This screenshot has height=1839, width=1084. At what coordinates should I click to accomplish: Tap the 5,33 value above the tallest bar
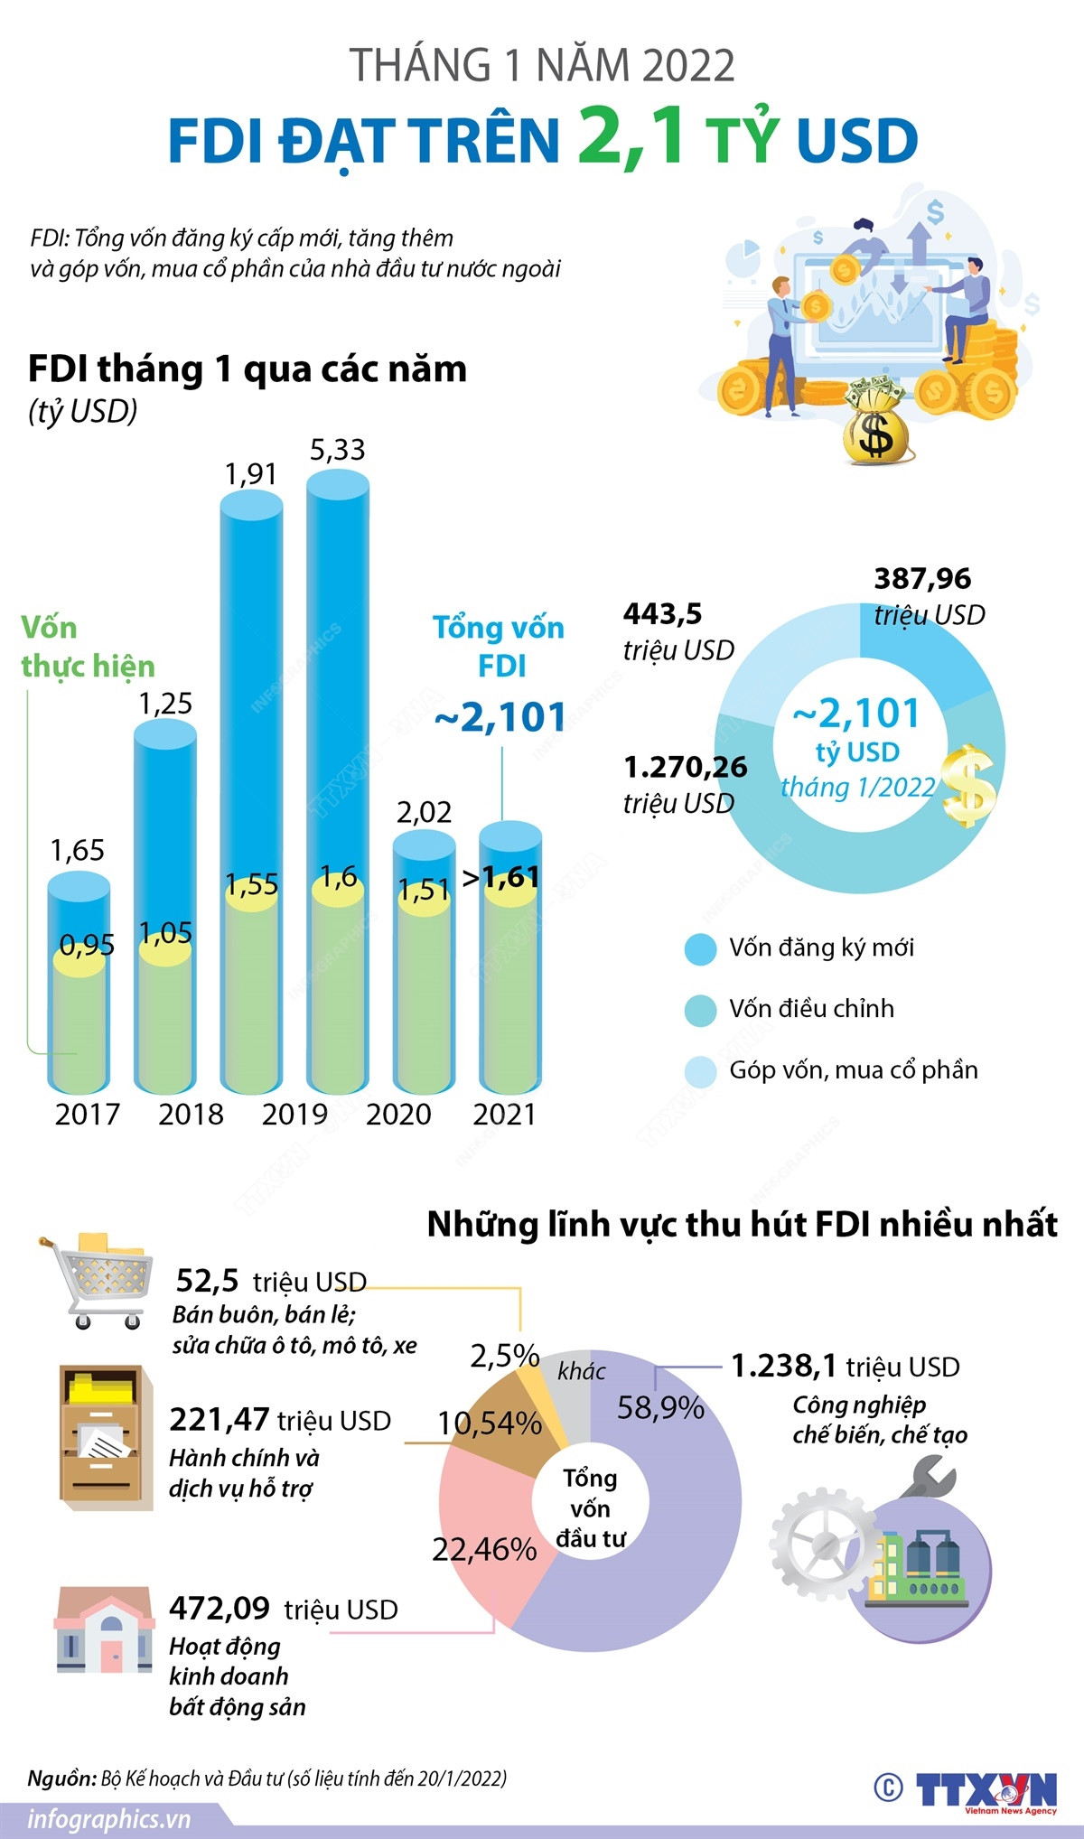[337, 450]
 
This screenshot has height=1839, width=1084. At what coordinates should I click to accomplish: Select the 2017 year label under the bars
[87, 1114]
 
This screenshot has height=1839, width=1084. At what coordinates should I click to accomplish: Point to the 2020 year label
[398, 1114]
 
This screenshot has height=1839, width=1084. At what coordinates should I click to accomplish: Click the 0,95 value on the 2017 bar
[87, 945]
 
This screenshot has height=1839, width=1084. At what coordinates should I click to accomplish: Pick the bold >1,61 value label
[502, 877]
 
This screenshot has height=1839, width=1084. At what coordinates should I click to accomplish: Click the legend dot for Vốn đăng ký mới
[700, 948]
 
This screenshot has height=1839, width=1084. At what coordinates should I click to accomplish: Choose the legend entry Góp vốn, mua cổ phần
[853, 1070]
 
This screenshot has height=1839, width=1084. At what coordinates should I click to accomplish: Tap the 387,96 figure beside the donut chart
[922, 579]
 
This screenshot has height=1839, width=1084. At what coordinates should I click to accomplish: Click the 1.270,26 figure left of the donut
[686, 767]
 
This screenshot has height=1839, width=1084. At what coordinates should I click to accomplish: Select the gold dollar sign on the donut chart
[967, 785]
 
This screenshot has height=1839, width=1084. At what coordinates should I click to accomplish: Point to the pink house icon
[104, 1629]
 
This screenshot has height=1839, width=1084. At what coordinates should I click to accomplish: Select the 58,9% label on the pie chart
[660, 1407]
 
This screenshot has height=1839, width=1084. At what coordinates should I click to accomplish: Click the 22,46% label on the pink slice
[484, 1550]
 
